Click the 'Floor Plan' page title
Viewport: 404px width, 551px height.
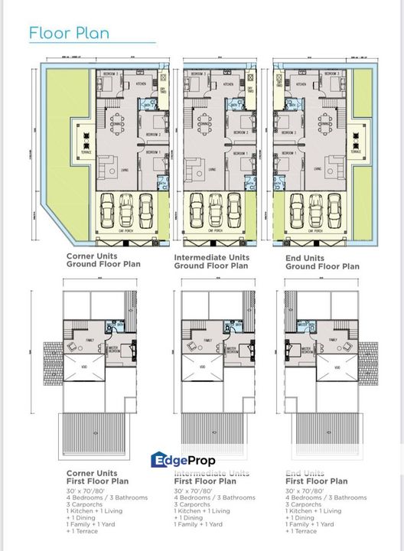(69, 33)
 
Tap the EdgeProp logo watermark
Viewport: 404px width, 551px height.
(184, 460)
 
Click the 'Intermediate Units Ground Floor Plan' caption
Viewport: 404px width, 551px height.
(211, 262)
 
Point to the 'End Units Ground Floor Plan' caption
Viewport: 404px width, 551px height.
(322, 262)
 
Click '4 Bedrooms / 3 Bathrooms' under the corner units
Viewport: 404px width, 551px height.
(106, 497)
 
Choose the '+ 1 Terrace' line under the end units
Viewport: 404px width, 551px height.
(301, 530)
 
